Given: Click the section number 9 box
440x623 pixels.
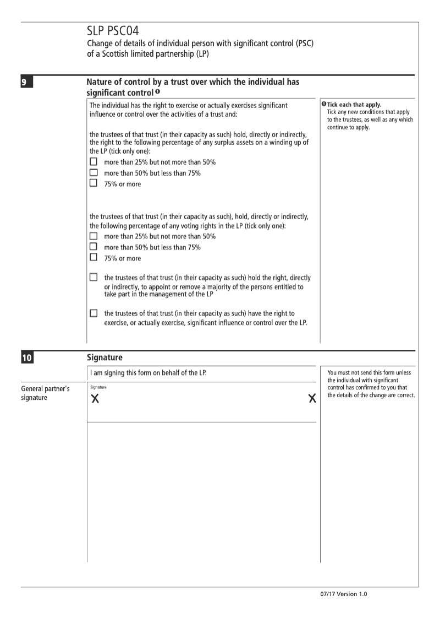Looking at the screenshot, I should pos(25,84).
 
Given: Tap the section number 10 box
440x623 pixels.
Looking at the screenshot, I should pos(26,359).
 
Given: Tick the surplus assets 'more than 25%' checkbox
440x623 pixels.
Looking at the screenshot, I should pos(94,162).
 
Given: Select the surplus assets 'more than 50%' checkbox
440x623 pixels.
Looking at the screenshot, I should pos(94,173).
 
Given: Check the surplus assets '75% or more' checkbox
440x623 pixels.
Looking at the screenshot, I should pos(94,183).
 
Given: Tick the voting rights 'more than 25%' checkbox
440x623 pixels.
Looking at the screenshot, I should pos(94,236).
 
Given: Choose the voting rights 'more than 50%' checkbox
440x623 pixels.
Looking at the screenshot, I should pos(94,247).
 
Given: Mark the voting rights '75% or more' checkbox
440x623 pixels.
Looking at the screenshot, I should pos(94,257).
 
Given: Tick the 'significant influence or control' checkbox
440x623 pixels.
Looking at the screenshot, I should pos(94,313).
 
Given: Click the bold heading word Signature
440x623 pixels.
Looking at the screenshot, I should pos(105,358).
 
